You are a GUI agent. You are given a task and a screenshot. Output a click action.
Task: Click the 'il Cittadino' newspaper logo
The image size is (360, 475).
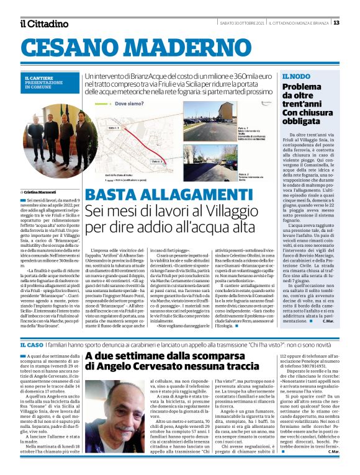pos(44,24)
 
